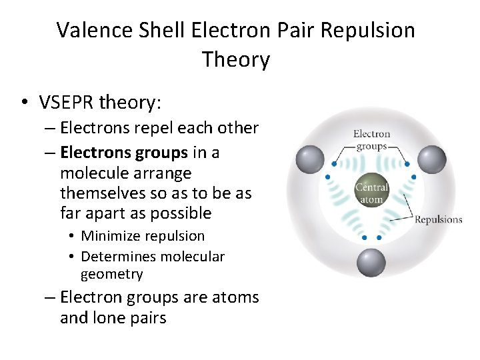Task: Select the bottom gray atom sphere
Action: coord(371,263)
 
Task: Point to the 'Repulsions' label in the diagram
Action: coord(438,219)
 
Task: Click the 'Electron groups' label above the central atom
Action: coord(371,140)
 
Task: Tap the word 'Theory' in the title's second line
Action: coord(236,60)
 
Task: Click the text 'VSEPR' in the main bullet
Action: coord(66,103)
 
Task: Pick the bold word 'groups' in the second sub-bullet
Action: coord(162,153)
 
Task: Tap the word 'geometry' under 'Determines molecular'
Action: coord(111,274)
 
